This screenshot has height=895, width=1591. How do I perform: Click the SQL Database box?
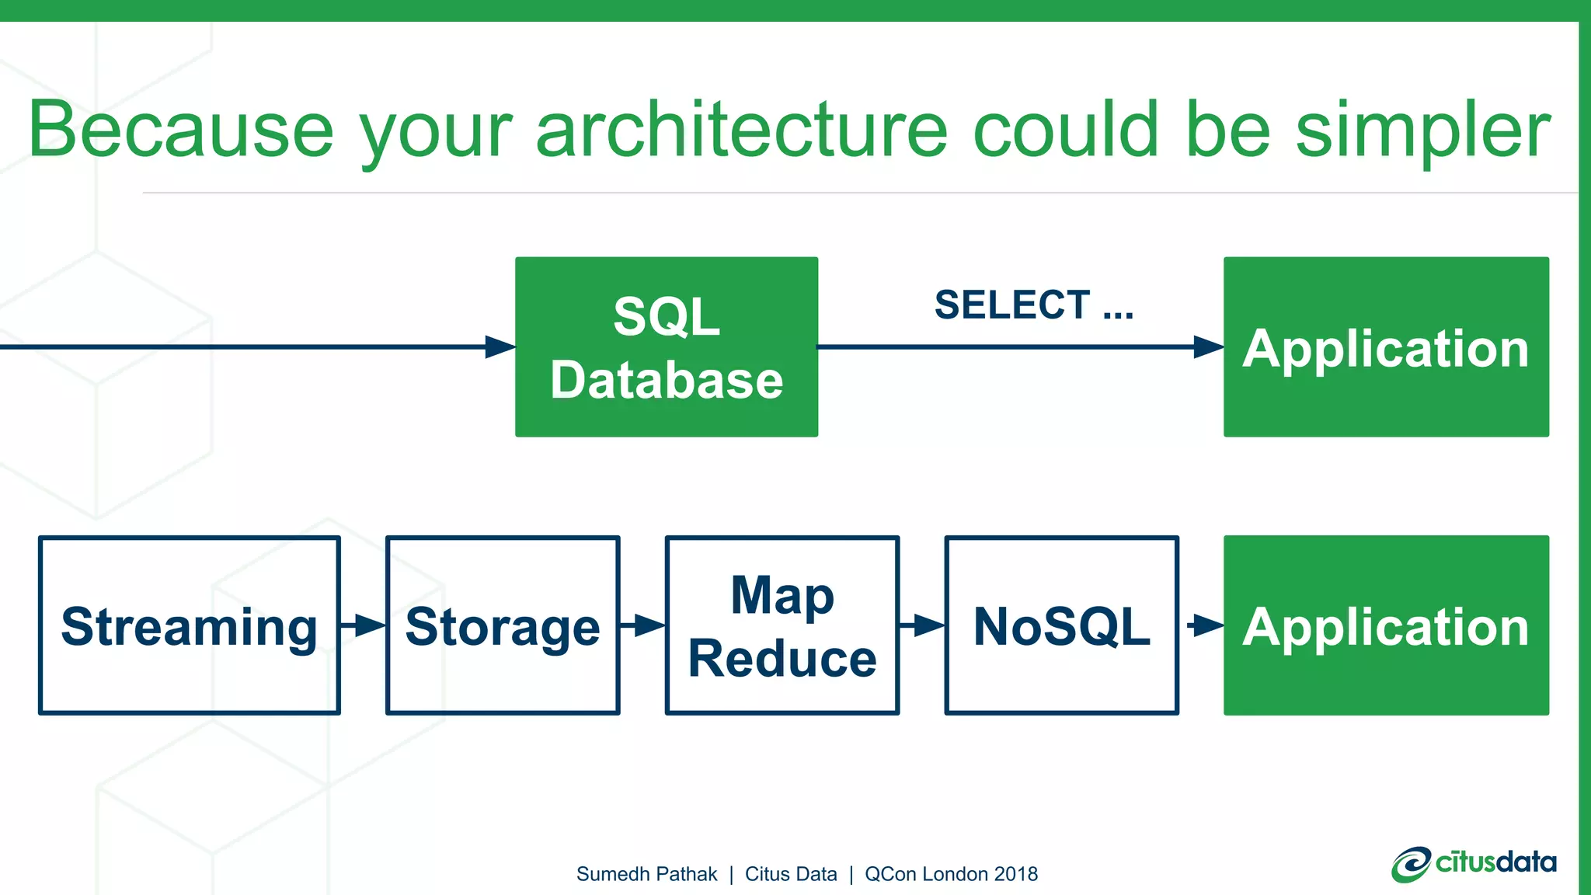coord(667,347)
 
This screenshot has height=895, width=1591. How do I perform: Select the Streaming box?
coord(189,625)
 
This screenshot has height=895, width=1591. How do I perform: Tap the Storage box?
coord(503,625)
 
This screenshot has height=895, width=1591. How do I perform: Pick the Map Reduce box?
coord(782,625)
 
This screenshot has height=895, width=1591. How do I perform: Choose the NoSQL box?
coord(1061,625)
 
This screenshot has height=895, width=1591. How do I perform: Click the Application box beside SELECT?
coord(1386,347)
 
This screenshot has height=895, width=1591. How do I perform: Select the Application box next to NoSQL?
coord(1386,625)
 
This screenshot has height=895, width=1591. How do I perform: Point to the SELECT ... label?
coord(1033,305)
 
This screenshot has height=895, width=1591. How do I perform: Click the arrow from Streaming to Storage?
coord(364,625)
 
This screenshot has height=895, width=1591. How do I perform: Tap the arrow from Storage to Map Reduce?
coord(642,625)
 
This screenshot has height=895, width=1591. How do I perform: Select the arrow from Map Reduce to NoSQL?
coord(922,625)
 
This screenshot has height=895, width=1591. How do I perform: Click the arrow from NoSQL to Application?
coord(1203,625)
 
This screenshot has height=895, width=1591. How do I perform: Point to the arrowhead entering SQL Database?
coord(500,347)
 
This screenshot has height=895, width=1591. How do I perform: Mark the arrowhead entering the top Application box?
coord(1208,347)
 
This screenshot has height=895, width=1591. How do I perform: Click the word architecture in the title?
coord(742,130)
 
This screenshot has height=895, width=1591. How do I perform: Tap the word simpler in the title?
coord(1422,130)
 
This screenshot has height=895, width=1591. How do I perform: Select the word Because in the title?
coord(181,130)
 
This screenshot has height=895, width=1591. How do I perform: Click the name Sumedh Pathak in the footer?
coord(646,874)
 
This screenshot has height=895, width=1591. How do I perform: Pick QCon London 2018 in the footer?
coord(951,874)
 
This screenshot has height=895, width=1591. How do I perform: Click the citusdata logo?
coord(1474,864)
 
